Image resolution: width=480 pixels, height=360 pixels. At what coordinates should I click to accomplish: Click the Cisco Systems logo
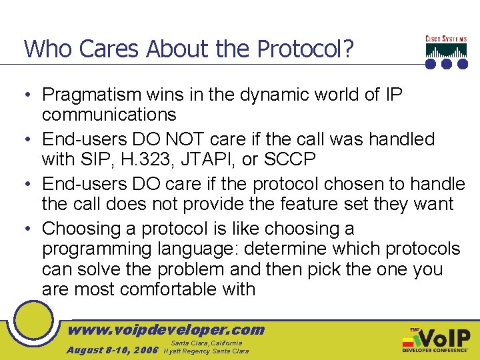[x=445, y=52]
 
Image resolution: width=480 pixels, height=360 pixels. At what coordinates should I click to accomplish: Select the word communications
[x=109, y=115]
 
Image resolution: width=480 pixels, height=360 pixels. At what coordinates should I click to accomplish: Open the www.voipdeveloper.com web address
[x=167, y=329]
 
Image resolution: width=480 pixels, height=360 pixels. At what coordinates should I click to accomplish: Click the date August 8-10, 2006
[x=112, y=350]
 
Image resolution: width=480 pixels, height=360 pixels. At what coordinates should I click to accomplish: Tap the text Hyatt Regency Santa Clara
[x=206, y=351]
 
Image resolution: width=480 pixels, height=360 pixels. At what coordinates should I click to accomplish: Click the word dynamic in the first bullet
[x=270, y=95]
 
